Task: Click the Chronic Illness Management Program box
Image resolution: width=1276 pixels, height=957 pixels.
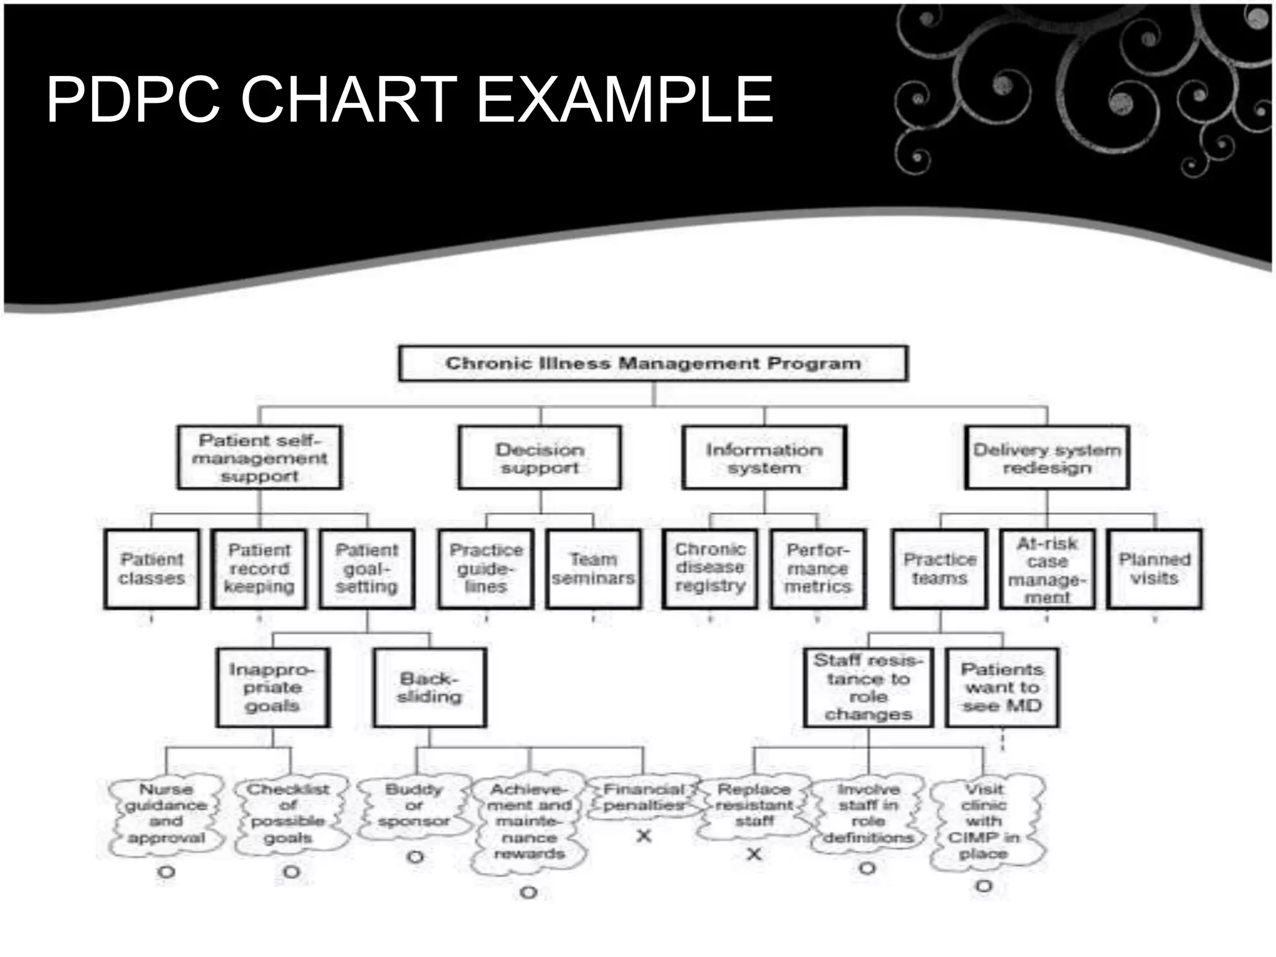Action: [x=653, y=363]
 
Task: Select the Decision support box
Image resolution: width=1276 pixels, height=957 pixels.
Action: [x=540, y=458]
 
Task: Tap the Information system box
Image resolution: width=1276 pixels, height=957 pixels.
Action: [x=764, y=458]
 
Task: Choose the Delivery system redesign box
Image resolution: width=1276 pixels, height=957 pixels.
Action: [x=1047, y=458]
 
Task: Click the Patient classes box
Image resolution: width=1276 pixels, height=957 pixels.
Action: [x=152, y=569]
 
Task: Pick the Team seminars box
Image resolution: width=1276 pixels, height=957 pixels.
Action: [x=593, y=569]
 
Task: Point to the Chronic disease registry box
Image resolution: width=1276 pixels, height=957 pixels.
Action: [x=710, y=568]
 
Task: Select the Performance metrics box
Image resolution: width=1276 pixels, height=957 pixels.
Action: [x=817, y=568]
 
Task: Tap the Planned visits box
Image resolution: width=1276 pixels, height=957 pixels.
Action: [x=1155, y=569]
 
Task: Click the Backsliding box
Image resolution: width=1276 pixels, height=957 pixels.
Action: [x=429, y=687]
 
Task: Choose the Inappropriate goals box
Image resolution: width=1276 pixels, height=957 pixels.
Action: [x=272, y=687]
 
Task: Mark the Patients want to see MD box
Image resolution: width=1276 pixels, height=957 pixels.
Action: [x=1002, y=687]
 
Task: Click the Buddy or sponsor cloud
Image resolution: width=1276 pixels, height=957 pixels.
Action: [x=414, y=805]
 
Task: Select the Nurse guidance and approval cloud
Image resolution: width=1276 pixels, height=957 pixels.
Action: [x=166, y=814]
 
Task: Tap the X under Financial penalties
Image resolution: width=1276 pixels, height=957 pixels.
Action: [x=644, y=836]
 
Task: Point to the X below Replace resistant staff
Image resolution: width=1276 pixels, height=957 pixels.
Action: [x=754, y=854]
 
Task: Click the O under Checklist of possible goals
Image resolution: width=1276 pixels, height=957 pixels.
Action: [x=291, y=872]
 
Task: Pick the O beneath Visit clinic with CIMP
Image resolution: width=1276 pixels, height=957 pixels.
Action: [x=983, y=885]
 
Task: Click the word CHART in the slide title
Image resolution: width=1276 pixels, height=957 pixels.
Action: [x=348, y=100]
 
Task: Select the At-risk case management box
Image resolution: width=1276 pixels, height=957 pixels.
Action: [x=1047, y=569]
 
